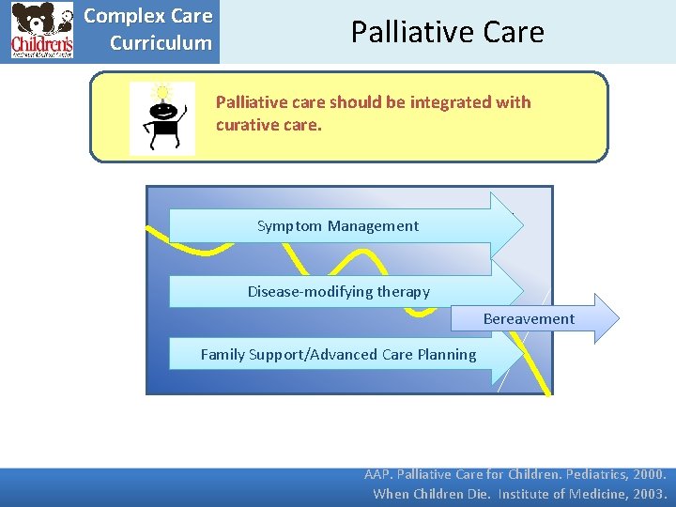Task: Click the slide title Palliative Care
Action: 447,32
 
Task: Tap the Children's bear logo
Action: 41,31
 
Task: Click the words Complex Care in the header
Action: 148,17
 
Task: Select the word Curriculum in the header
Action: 161,43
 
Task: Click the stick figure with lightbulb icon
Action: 161,118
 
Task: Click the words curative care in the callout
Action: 269,124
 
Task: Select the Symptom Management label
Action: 338,225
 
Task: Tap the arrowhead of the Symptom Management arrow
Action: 507,225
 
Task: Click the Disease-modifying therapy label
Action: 338,291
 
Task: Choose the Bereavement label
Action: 529,319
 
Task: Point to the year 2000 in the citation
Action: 648,475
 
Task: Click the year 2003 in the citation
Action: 648,494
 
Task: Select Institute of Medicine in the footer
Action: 552,494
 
